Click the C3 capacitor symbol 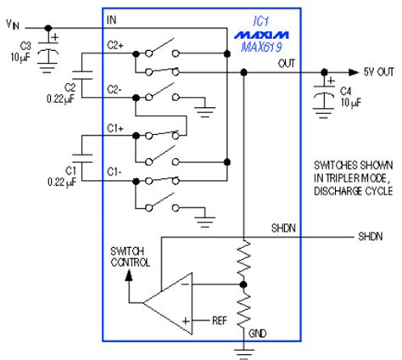52,53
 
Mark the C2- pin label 116,89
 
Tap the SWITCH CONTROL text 130,257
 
